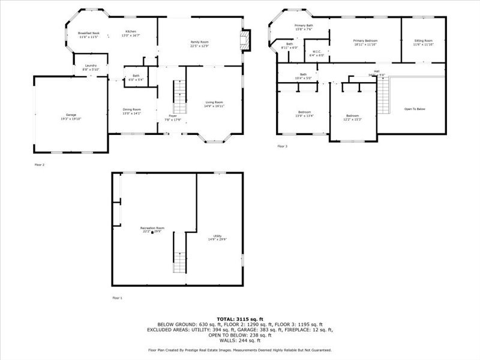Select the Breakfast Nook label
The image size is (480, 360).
(88, 34)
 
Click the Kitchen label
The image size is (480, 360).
(131, 32)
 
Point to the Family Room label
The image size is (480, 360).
(200, 42)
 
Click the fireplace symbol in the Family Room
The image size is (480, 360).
(244, 41)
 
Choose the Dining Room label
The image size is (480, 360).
(131, 109)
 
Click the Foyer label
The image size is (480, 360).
(172, 116)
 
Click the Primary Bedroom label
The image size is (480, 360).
(365, 41)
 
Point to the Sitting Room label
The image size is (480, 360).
(423, 41)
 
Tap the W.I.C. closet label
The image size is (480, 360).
(316, 52)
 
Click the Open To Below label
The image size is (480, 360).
(415, 109)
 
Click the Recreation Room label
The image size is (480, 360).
(152, 228)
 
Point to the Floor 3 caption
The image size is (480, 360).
(283, 146)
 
